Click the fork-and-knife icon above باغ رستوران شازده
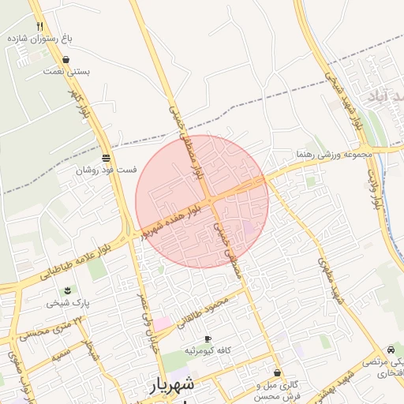39,26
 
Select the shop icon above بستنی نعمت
65,59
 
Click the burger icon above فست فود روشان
106,158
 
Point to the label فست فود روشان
107,170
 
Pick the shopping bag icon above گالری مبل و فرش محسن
277,372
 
